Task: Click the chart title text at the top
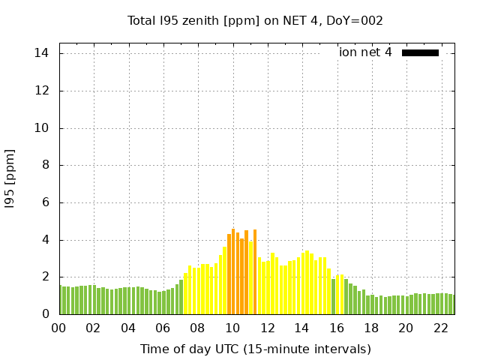tap(255, 20)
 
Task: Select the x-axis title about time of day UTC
tap(255, 349)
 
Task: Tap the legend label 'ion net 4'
tap(365, 52)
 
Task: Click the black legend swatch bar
tap(420, 52)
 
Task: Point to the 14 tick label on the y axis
tap(42, 53)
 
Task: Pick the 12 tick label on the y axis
tap(42, 91)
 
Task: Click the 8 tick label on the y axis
tap(46, 165)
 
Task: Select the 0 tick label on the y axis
tap(46, 314)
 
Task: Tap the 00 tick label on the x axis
tap(59, 328)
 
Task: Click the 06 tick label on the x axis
tap(163, 328)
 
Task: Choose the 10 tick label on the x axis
tap(232, 328)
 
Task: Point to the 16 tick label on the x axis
tap(337, 328)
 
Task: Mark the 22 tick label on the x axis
tap(441, 328)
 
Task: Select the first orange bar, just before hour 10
tap(229, 274)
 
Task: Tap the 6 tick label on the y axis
tap(46, 202)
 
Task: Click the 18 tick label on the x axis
tap(371, 328)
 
